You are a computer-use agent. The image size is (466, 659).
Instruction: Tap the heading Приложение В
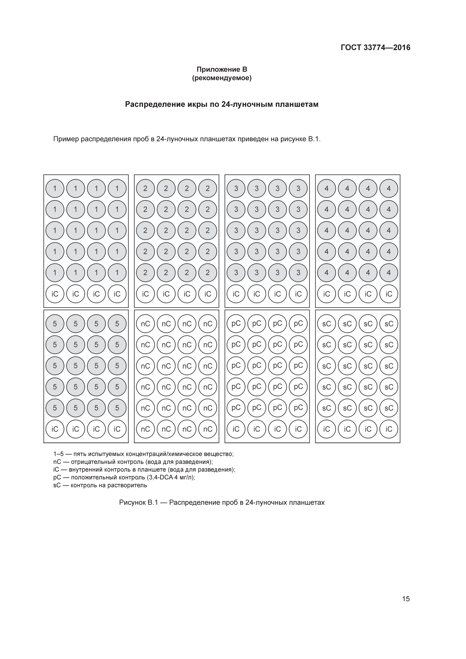[222, 70]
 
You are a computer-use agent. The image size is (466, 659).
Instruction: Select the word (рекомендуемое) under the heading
[222, 78]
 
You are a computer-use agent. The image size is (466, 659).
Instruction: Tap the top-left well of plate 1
[55, 189]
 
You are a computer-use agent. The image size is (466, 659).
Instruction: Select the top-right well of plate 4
[389, 189]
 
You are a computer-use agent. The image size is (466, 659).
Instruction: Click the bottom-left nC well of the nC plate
[145, 429]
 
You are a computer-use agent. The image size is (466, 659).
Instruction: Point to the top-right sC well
[389, 324]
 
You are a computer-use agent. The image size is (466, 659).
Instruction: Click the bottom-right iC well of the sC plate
[389, 429]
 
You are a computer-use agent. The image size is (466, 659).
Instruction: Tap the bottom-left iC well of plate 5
[55, 429]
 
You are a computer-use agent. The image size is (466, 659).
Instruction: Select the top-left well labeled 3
[236, 189]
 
